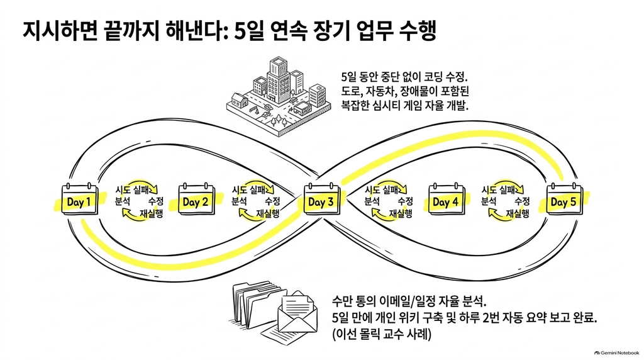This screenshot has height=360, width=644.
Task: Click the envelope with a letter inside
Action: click(x=297, y=312)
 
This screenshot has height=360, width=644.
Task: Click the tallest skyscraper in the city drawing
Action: click(x=279, y=81)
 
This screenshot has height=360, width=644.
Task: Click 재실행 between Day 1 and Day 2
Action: click(x=152, y=213)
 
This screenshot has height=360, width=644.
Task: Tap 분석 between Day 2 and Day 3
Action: click(x=240, y=201)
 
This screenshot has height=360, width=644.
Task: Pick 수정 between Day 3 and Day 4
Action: click(x=406, y=201)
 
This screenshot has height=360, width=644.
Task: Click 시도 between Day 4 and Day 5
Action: click(x=489, y=189)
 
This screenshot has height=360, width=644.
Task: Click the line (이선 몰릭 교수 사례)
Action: click(x=382, y=334)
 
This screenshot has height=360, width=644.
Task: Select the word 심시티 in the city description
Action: click(x=387, y=105)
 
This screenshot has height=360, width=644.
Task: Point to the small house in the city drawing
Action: click(x=240, y=100)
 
